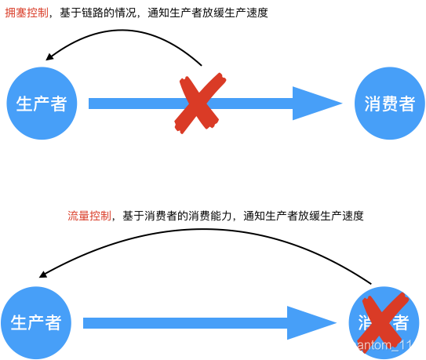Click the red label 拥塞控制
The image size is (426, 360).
[27, 13]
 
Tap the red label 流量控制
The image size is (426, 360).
[89, 216]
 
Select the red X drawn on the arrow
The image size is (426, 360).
[199, 103]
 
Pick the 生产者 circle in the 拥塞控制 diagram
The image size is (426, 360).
[42, 104]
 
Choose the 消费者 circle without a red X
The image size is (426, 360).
[389, 104]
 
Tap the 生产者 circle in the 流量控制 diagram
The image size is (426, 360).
[36, 322]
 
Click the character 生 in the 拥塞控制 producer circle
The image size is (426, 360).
[24, 104]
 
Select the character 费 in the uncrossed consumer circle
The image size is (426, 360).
[389, 104]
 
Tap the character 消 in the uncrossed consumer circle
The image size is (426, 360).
[372, 104]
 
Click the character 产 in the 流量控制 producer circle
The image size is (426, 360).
[36, 323]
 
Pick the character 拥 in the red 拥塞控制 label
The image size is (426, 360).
[10, 13]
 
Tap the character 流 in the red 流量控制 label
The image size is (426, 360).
[73, 216]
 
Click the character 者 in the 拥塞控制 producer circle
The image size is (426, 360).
[58, 104]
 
